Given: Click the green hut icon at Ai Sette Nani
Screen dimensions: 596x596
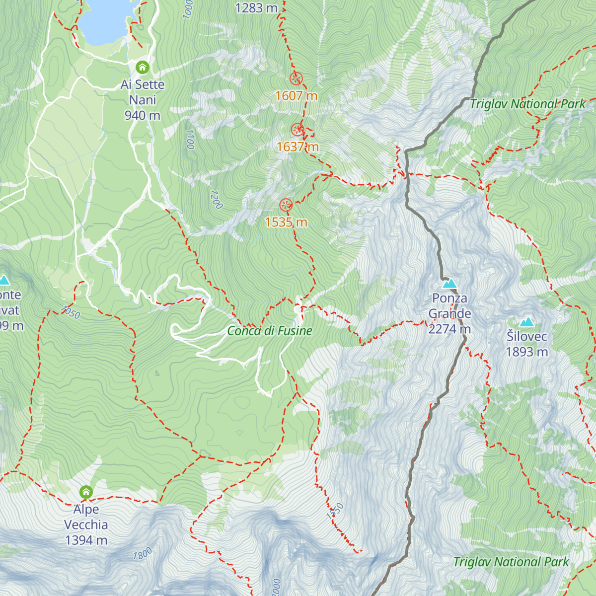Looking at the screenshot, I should pos(143,67).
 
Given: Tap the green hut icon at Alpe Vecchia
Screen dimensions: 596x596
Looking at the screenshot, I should pos(86,492).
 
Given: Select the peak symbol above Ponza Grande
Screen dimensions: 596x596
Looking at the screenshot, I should pos(449,284).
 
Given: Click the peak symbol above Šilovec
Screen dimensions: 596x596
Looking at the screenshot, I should pos(526,322).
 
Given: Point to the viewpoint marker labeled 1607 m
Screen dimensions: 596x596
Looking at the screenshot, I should pos(296,78).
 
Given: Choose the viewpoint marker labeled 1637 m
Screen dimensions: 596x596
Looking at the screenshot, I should pos(298,130).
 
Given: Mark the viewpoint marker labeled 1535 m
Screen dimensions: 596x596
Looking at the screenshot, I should pos(286,205).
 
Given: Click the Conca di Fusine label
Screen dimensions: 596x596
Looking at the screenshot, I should pos(270,331).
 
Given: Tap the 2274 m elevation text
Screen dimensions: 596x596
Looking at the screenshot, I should pos(449,329).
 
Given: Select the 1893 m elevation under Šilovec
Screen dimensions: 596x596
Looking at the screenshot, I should pos(526,352).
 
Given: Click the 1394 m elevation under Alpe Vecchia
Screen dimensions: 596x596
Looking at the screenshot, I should pos(86,540).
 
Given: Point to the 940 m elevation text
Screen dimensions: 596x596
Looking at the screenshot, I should pos(143,115).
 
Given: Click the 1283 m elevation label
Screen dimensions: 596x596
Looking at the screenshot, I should pos(256,8).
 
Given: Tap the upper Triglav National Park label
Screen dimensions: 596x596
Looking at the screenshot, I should pos(527,104).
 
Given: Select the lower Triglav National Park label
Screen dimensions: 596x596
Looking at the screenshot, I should pos(511,562).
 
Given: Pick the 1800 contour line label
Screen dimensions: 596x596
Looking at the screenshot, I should pos(143,554).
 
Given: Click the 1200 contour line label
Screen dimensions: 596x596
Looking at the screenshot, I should pos(217,199).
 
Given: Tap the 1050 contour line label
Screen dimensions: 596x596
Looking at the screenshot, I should pos(71,312).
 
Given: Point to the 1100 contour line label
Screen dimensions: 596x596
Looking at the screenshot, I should pos(190,140).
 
